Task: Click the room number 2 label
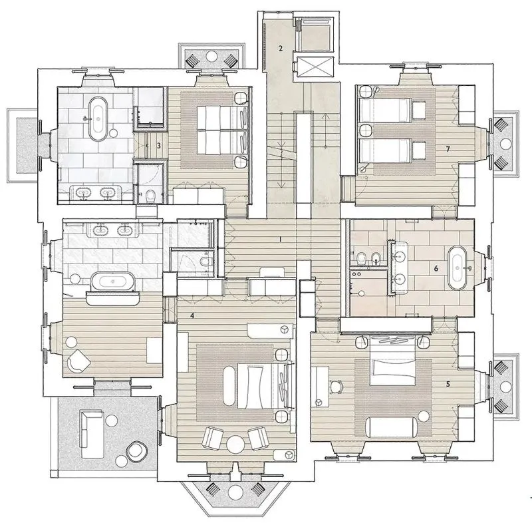(280, 49)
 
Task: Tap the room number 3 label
(158, 146)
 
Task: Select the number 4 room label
(192, 316)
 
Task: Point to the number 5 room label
(448, 384)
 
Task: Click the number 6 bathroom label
(436, 269)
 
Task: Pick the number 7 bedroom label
(448, 148)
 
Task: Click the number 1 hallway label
(280, 240)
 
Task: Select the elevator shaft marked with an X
(314, 66)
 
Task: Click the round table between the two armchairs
(235, 444)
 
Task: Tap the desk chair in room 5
(336, 387)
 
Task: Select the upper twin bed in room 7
(386, 109)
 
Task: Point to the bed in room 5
(392, 361)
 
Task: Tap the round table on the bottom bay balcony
(235, 490)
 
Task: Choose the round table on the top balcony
(212, 55)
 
